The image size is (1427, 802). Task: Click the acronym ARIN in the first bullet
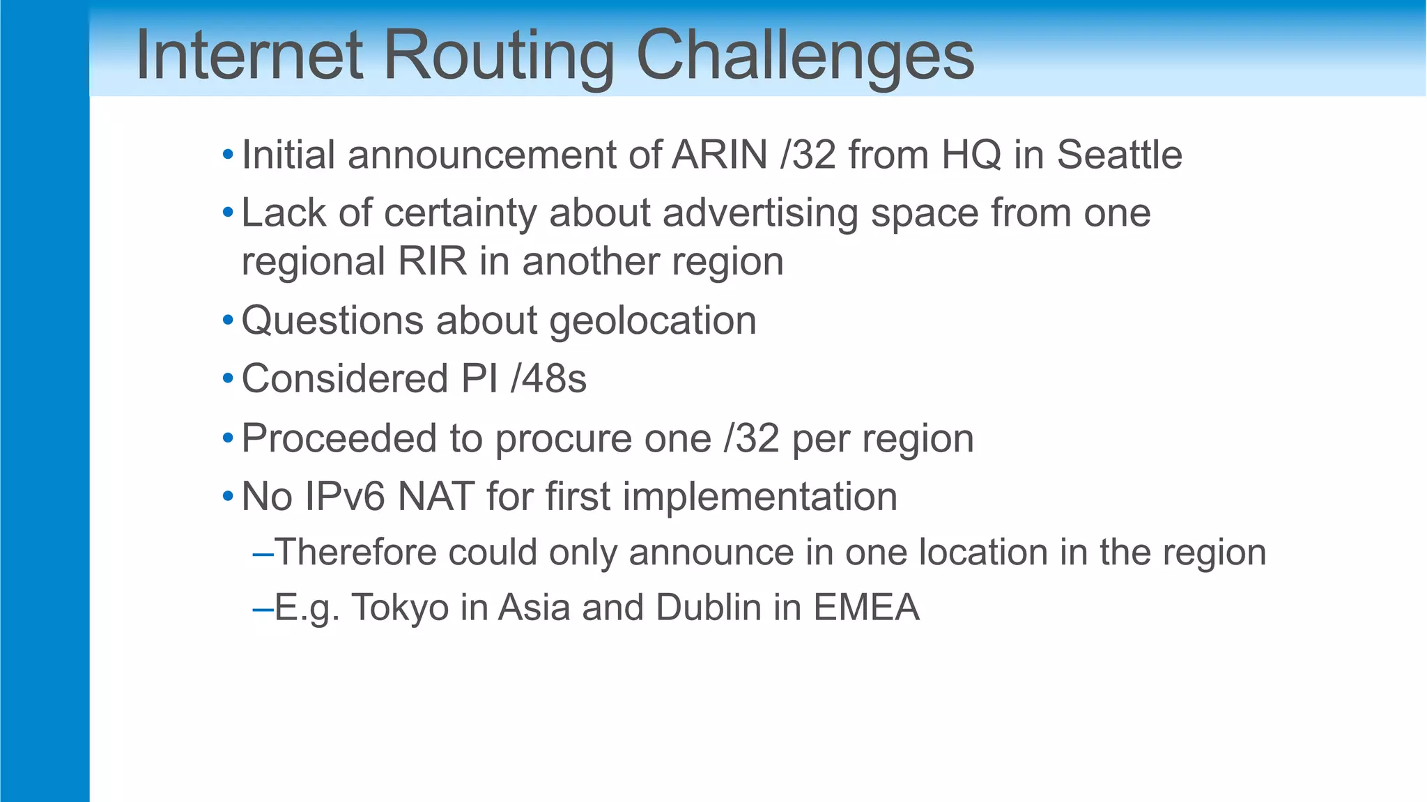click(719, 155)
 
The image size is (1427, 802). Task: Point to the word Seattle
click(1119, 155)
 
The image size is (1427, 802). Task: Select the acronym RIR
click(432, 262)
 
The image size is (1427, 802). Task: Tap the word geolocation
click(653, 321)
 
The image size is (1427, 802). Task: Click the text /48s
click(548, 379)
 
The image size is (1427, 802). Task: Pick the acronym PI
click(479, 379)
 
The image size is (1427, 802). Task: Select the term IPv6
click(344, 497)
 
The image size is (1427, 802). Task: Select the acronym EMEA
click(866, 608)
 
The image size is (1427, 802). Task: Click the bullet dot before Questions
click(228, 321)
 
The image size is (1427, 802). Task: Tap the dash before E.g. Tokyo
click(263, 609)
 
